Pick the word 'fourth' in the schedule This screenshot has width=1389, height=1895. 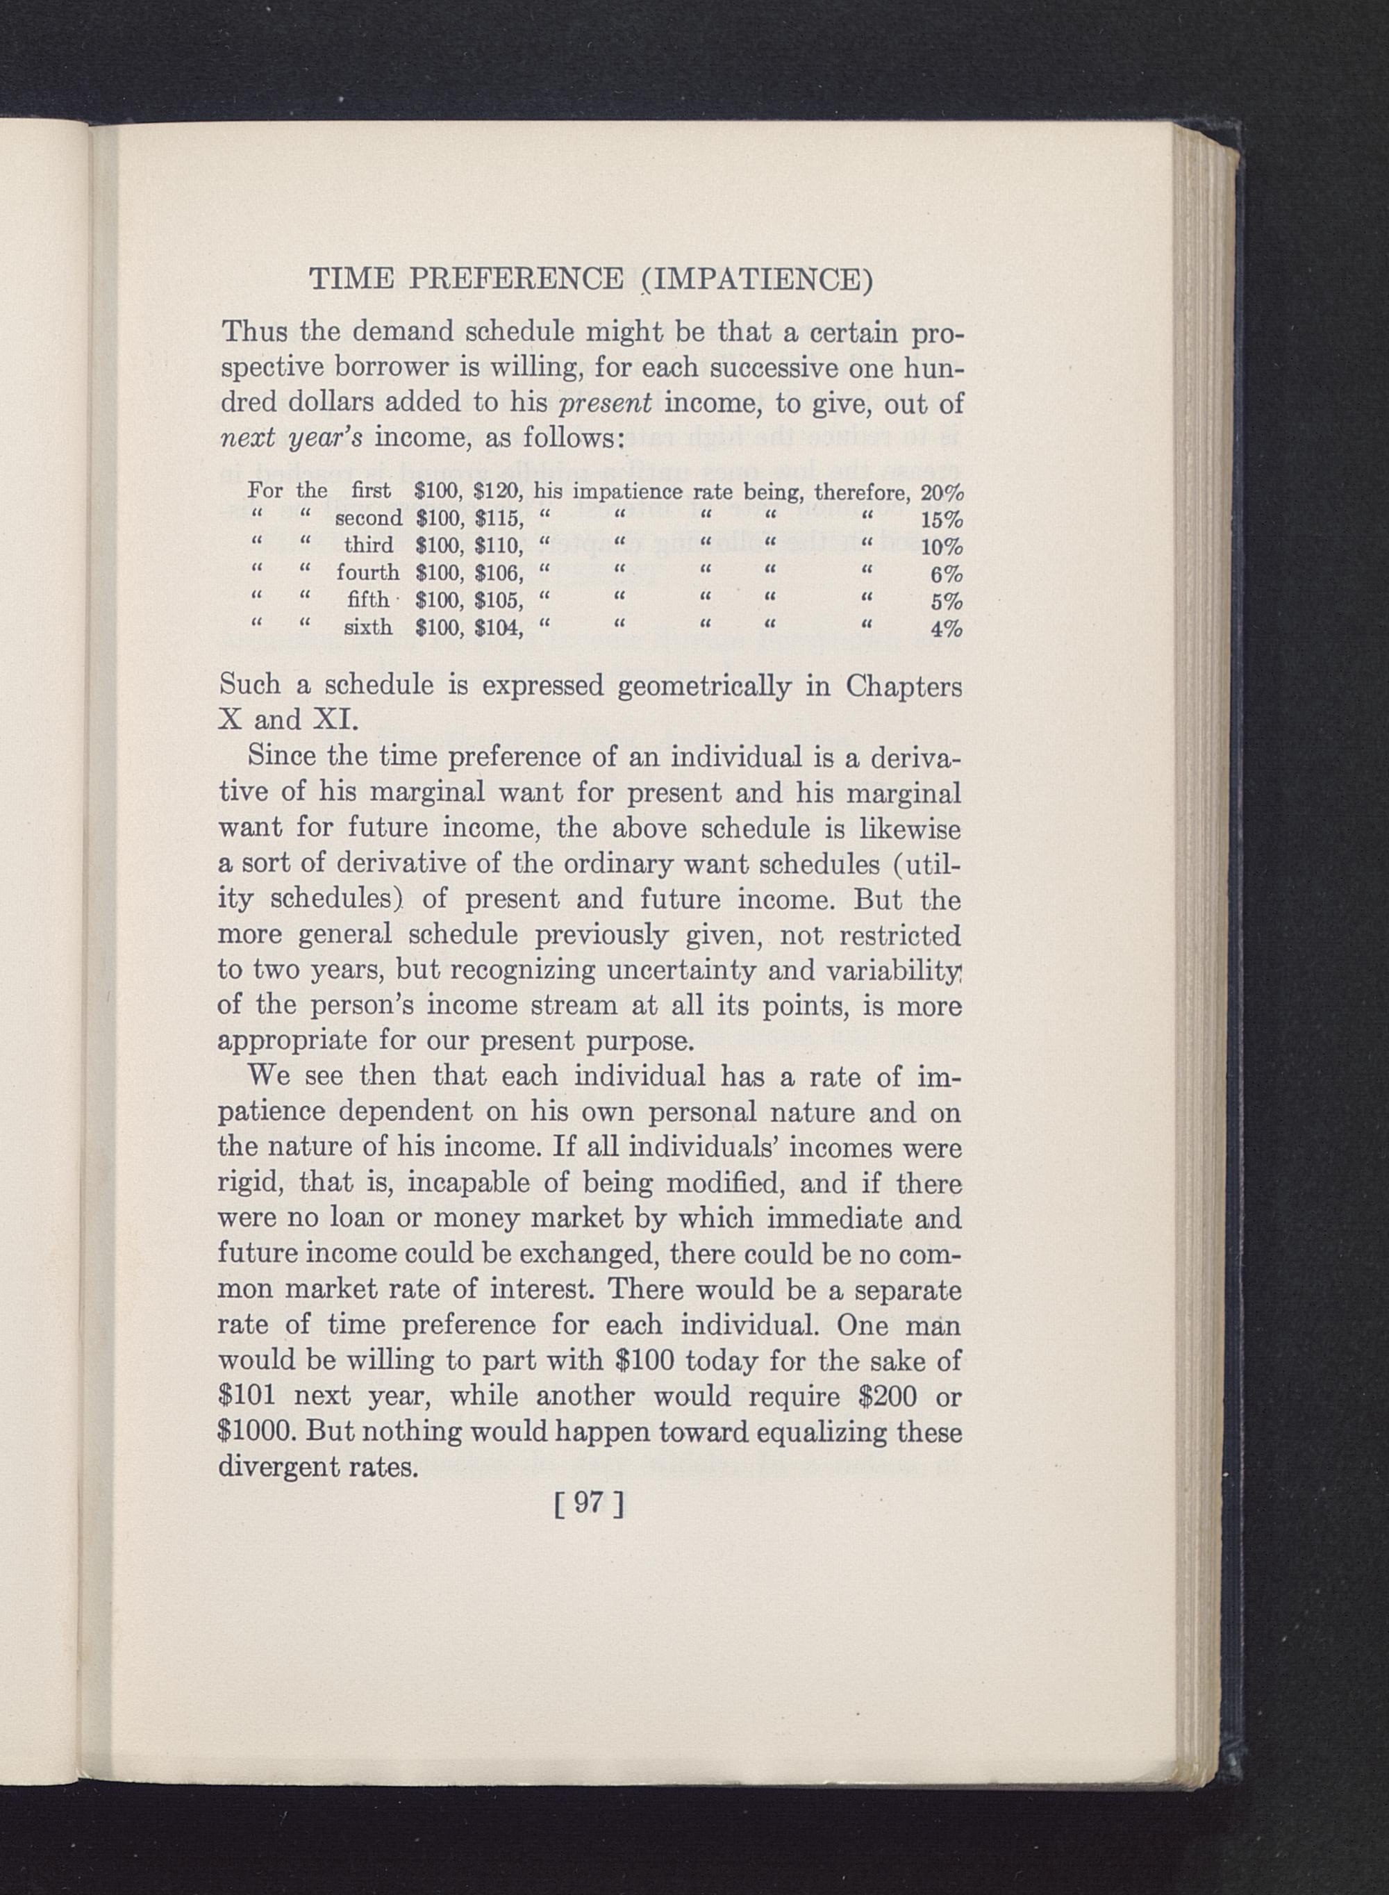(x=367, y=572)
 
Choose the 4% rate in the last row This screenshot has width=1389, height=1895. (x=947, y=630)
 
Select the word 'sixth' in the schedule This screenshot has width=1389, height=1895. (x=367, y=627)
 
